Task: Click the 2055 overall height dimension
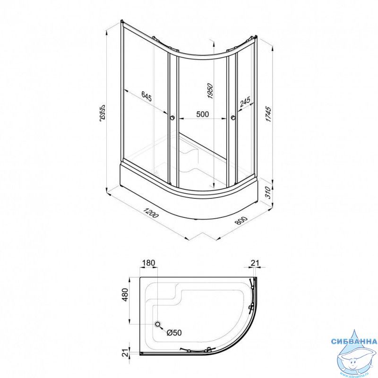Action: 102,113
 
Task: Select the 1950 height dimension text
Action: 210,91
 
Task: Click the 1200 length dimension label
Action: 151,212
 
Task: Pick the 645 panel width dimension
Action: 146,96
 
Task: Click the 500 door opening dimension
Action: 203,114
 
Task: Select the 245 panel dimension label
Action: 245,102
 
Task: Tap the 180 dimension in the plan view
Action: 148,263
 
